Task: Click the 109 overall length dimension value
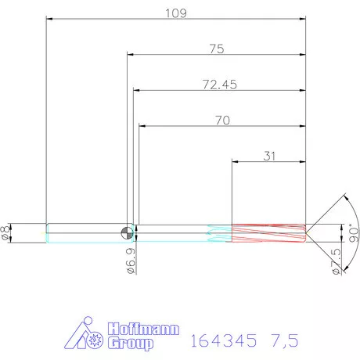point(176,13)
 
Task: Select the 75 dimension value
point(217,49)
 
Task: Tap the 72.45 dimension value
point(220,85)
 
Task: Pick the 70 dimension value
point(222,121)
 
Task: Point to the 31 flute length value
point(269,157)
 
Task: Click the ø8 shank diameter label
point(5,233)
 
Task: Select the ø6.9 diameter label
point(131,261)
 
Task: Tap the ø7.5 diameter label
point(337,261)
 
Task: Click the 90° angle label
point(354,232)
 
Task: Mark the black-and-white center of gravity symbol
point(127,232)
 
